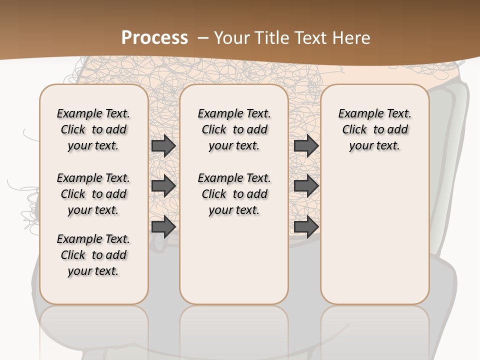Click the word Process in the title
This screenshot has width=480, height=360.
pos(154,37)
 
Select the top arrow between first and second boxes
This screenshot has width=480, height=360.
pos(163,146)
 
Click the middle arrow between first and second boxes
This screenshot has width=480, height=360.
pos(163,186)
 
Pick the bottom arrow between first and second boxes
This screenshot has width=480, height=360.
pos(163,226)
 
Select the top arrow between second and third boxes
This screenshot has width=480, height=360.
pos(306,146)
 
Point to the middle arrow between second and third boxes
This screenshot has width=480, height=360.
pos(306,186)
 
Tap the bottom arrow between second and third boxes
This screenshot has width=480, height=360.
pos(306,226)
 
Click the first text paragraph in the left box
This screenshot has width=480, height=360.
pos(93,129)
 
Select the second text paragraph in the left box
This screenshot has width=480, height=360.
pos(93,194)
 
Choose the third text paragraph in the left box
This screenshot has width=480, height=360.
pos(93,255)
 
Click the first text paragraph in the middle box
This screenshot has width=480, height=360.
pos(234,129)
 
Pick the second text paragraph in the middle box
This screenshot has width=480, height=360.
pos(234,194)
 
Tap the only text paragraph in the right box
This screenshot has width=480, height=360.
pos(374,129)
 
